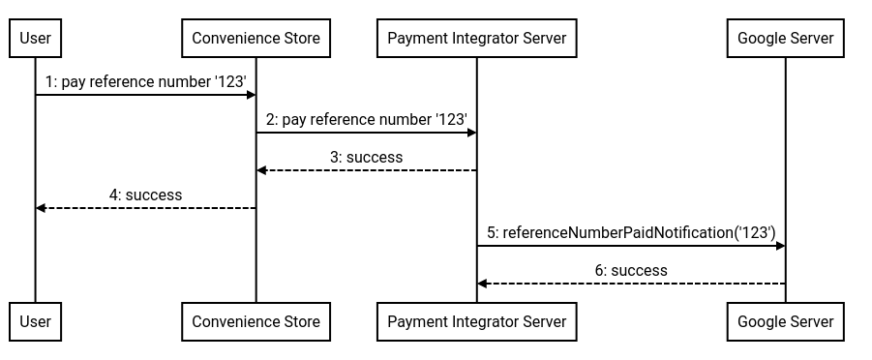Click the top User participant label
pyautogui.click(x=36, y=39)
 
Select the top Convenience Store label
pyautogui.click(x=256, y=39)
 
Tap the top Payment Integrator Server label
pyautogui.click(x=476, y=39)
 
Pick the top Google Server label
pyautogui.click(x=785, y=39)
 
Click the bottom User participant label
pyautogui.click(x=36, y=321)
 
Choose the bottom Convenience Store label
pyautogui.click(x=256, y=321)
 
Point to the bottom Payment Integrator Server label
pyautogui.click(x=476, y=321)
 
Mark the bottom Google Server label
pyautogui.click(x=785, y=321)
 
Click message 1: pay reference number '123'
pyautogui.click(x=145, y=82)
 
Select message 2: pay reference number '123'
pyautogui.click(x=367, y=120)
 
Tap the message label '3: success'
pyautogui.click(x=366, y=157)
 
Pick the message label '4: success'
pyautogui.click(x=145, y=195)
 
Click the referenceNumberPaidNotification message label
pyautogui.click(x=631, y=232)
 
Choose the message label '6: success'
pyautogui.click(x=631, y=271)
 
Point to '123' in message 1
pyautogui.click(x=230, y=82)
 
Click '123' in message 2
pyautogui.click(x=452, y=120)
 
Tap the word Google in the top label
pyautogui.click(x=761, y=39)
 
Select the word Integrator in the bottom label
pyautogui.click(x=486, y=321)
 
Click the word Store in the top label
pyautogui.click(x=301, y=39)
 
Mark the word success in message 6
pyautogui.click(x=639, y=271)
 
